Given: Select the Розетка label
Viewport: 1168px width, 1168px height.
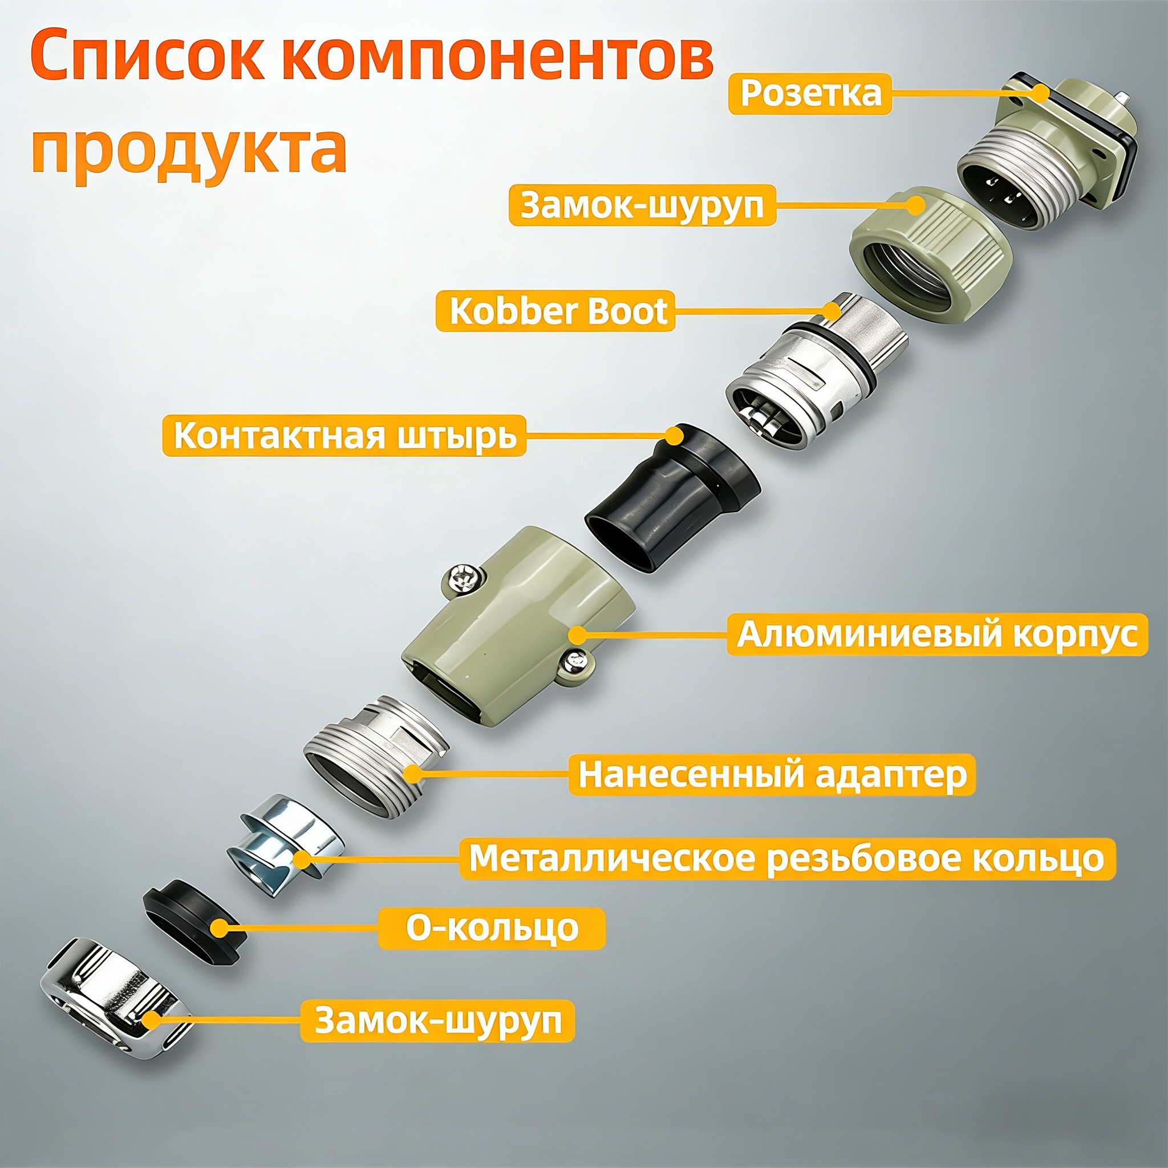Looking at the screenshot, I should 809,94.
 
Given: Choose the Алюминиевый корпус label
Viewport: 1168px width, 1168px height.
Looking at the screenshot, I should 936,635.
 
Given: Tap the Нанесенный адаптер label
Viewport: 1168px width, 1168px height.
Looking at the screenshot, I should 772,774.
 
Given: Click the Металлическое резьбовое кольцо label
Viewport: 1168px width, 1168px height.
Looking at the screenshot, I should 786,858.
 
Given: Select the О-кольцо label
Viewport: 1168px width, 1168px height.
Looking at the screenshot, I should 492,928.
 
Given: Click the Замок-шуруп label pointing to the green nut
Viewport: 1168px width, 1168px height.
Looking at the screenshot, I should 642,205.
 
